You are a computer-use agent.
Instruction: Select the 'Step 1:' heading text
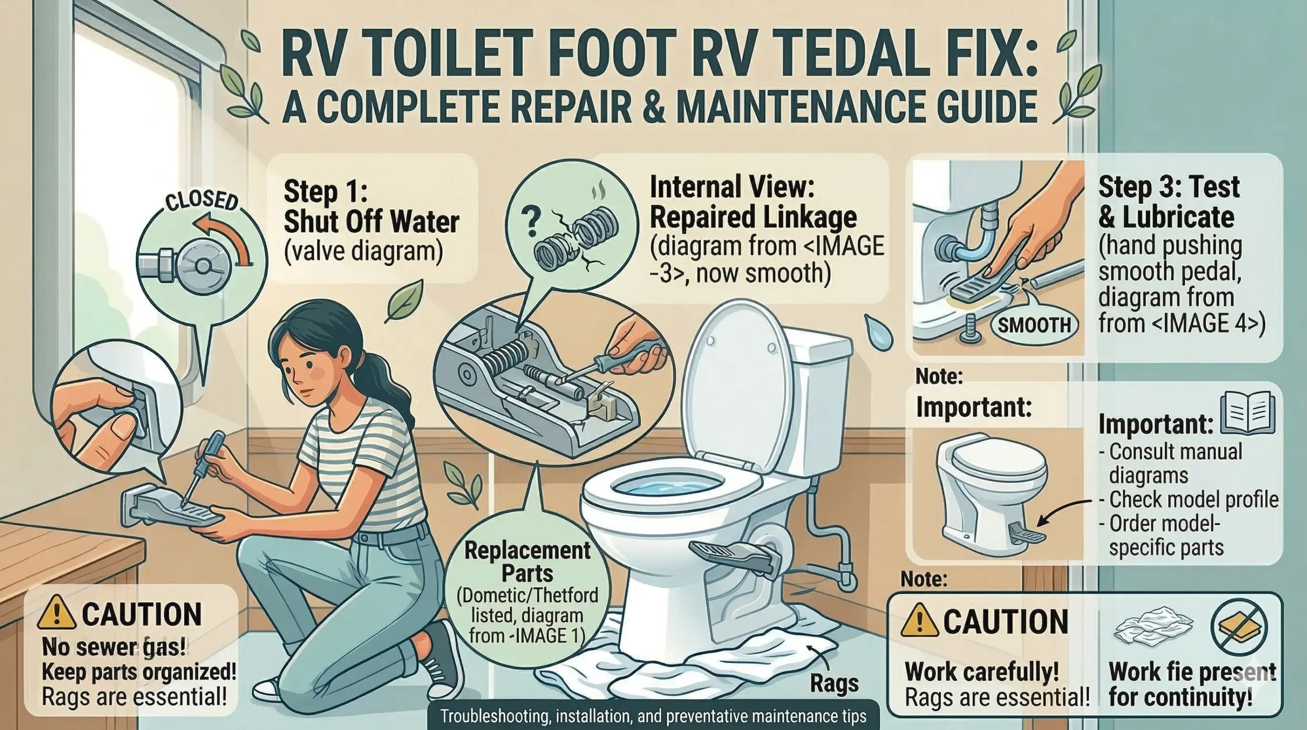325,192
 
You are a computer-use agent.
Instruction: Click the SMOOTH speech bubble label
1034,325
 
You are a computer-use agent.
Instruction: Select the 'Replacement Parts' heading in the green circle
527,562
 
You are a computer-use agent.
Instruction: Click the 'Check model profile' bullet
1193,500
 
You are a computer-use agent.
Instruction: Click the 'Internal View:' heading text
732,188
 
